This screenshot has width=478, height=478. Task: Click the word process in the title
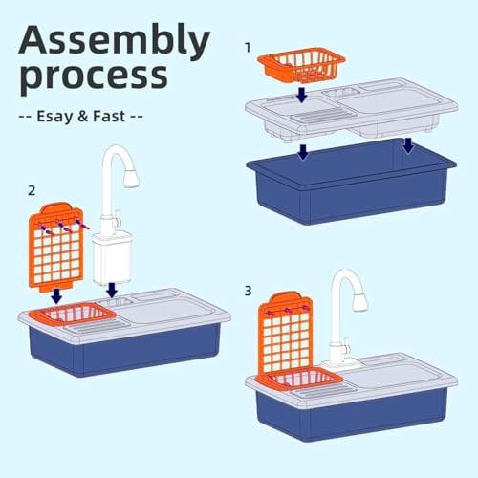point(94,76)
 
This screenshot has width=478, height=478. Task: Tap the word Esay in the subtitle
point(54,117)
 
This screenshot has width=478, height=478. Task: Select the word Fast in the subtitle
point(109,116)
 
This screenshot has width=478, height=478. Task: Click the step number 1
point(248,48)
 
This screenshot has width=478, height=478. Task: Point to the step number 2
point(32,190)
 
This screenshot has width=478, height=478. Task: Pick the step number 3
point(248,291)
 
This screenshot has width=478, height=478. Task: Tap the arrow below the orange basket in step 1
point(301,95)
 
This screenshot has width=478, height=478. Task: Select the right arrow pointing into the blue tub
point(408,145)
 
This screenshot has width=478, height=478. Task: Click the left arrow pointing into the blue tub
point(303,152)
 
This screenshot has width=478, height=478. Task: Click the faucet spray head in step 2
point(131,179)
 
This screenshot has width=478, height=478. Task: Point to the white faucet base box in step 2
point(112,259)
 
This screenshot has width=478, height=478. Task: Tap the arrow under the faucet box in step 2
point(112,290)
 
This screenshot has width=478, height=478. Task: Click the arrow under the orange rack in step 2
point(56,296)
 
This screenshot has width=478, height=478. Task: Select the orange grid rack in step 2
point(56,248)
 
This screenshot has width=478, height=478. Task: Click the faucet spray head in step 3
point(359,302)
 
